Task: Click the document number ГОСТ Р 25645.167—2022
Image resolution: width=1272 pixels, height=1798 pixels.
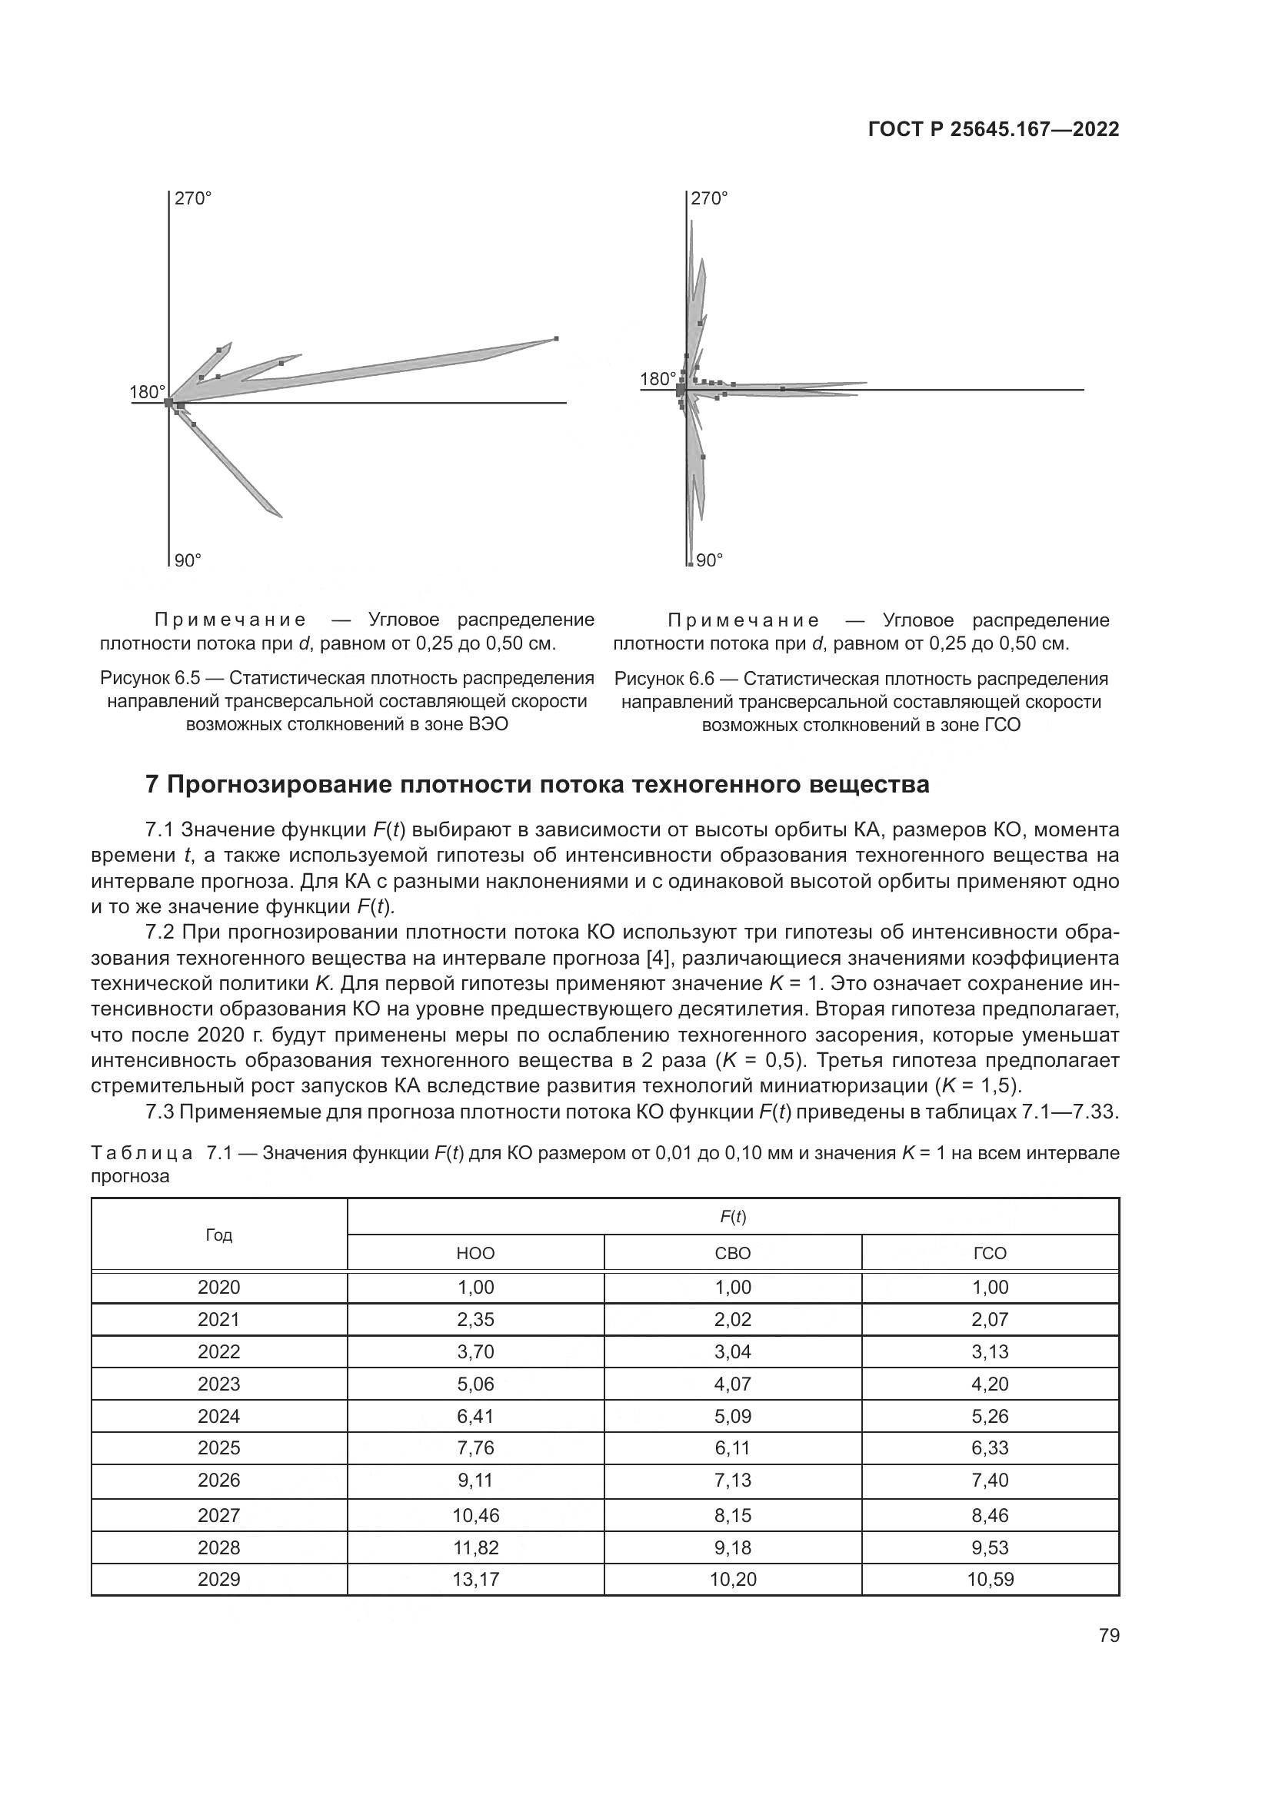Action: (x=993, y=130)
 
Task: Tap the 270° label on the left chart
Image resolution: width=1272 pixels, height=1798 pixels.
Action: (x=193, y=199)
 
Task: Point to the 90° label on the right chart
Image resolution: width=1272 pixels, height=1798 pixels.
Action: (x=709, y=560)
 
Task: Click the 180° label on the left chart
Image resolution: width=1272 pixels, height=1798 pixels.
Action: (x=146, y=392)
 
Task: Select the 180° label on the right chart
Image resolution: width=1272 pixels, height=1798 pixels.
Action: (x=657, y=380)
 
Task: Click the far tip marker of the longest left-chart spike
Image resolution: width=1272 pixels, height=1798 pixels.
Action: (x=556, y=338)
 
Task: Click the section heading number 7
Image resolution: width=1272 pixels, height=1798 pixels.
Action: (x=152, y=785)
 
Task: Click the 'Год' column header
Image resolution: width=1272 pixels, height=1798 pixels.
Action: (x=218, y=1235)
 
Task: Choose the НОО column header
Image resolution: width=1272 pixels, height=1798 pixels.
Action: (x=475, y=1254)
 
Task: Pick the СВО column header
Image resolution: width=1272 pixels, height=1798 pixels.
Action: (x=732, y=1254)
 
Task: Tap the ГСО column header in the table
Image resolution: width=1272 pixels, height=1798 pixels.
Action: (x=989, y=1254)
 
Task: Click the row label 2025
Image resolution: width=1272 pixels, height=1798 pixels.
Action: (x=218, y=1448)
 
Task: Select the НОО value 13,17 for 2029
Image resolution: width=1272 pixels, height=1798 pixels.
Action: (x=475, y=1580)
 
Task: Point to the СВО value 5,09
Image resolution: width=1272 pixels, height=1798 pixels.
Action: (x=732, y=1416)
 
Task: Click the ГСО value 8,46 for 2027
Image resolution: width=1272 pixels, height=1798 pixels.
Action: (x=989, y=1515)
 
